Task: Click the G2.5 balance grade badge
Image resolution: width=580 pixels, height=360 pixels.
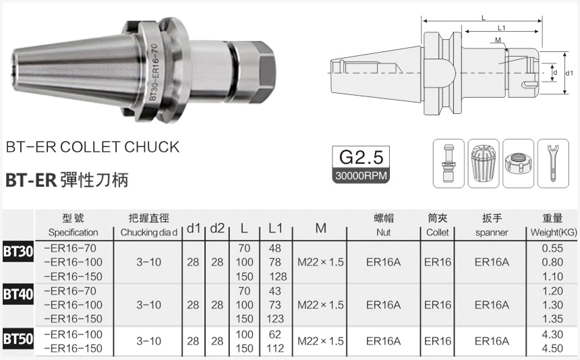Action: coord(361,158)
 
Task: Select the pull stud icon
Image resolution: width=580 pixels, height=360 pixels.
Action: coord(447,164)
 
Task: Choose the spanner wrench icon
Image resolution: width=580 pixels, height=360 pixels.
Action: coord(552,164)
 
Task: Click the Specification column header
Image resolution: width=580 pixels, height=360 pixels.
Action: coord(74,233)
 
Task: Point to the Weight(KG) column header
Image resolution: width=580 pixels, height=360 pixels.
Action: coord(552,233)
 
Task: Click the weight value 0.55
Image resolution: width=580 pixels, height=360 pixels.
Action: coord(552,248)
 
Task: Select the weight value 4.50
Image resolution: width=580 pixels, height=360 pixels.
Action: coord(552,348)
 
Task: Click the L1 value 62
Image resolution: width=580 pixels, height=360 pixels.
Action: coord(274,334)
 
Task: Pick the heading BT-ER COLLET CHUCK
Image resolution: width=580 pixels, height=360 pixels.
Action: coord(92,147)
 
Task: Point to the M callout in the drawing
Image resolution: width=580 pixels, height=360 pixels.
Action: coord(497,41)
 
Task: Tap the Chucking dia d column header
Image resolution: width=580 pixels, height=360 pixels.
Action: coord(148,233)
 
